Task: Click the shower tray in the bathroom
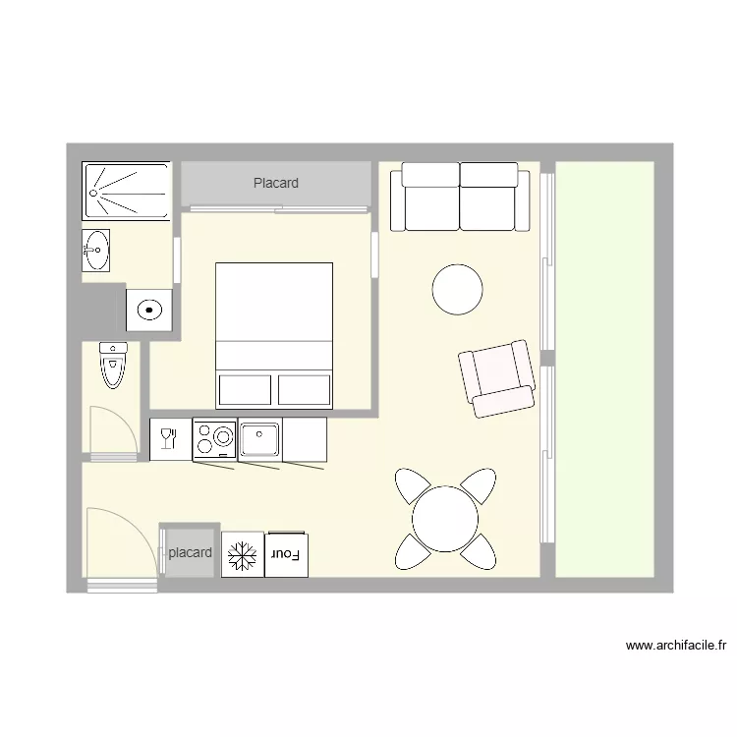click(127, 192)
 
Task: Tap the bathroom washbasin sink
click(95, 250)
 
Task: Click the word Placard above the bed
click(275, 183)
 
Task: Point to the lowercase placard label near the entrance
click(190, 553)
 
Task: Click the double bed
click(274, 335)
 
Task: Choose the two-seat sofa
click(460, 197)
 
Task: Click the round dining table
click(444, 519)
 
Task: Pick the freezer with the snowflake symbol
click(241, 555)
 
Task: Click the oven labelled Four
click(287, 555)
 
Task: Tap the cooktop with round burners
click(214, 438)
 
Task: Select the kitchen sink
click(260, 438)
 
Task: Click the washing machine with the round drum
click(149, 311)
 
